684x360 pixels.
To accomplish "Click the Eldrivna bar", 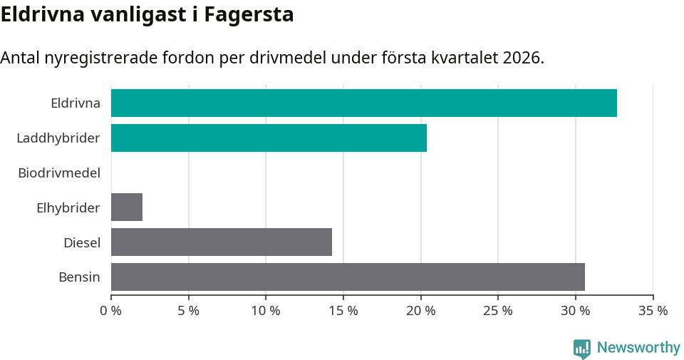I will tap(363, 103).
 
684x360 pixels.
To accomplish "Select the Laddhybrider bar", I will tap(269, 138).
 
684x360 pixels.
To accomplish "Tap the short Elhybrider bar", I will tap(127, 207).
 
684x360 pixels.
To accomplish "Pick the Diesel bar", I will tap(221, 242).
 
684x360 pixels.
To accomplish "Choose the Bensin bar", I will tap(348, 277).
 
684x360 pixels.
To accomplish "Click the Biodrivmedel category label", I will tap(59, 173).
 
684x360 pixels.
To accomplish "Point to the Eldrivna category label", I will tap(76, 103).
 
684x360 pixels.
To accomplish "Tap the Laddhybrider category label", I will tap(58, 138).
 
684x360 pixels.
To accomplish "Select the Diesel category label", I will tap(82, 242).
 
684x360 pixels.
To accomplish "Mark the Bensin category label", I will tap(79, 277).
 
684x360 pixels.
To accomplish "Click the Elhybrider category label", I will tap(68, 207).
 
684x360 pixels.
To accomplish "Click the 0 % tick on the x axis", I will tap(111, 311).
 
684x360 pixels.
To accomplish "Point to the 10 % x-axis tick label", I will tap(266, 311).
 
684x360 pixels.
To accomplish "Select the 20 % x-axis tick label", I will tap(420, 311).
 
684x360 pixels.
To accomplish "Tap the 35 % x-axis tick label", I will tap(653, 311).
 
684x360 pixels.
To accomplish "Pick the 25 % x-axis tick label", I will tap(498, 311).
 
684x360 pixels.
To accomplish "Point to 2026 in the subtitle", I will tap(522, 58).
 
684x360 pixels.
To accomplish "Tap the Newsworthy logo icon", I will tap(582, 348).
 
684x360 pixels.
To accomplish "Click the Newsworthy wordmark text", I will tap(638, 348).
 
